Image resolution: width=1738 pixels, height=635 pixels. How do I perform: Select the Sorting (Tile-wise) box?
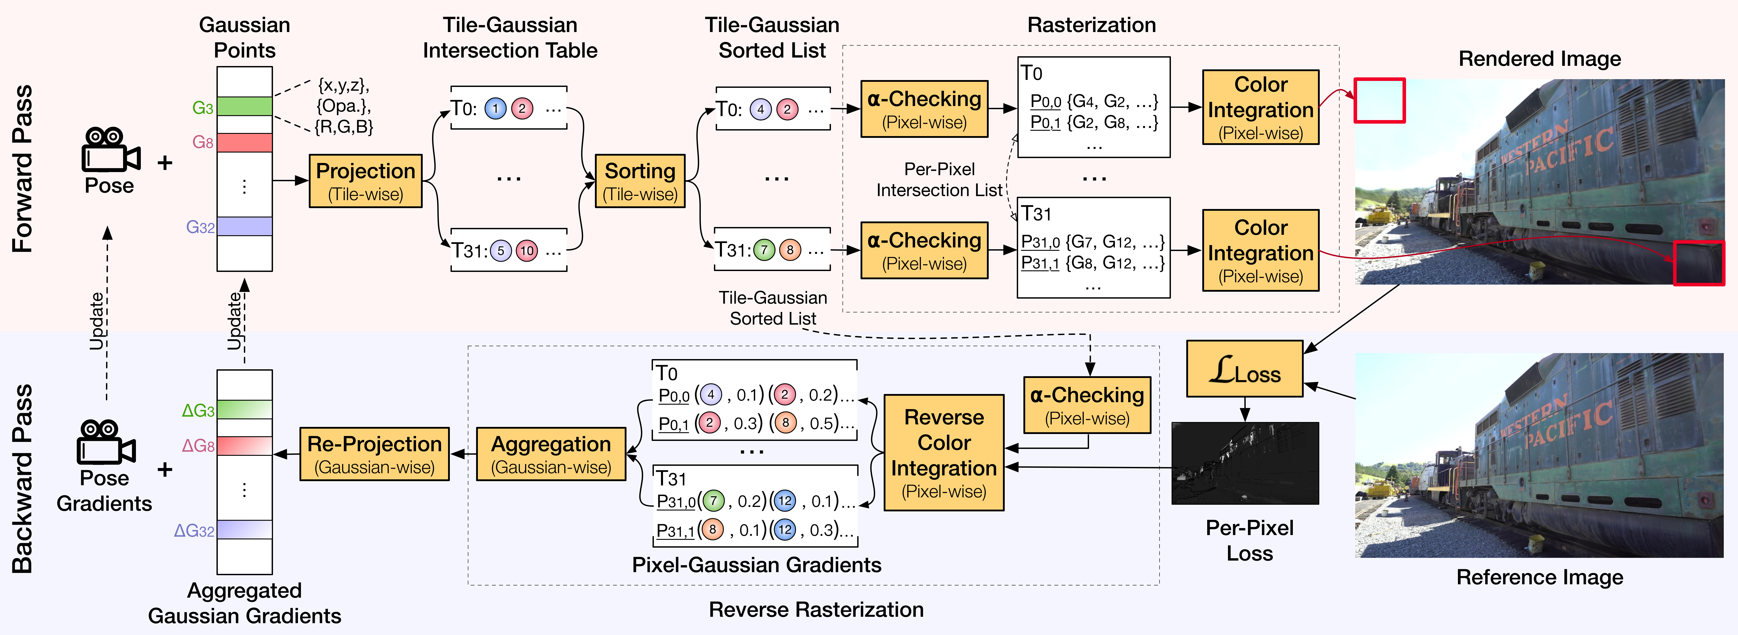tap(640, 181)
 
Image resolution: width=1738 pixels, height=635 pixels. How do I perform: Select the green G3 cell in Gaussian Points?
tap(244, 107)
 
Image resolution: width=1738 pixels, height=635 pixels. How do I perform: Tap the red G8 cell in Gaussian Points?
tap(244, 142)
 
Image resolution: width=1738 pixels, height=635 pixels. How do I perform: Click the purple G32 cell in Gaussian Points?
tap(244, 227)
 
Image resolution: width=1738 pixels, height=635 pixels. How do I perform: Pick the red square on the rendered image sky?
tap(1379, 100)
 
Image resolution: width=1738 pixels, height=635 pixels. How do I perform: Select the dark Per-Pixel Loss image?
tap(1245, 463)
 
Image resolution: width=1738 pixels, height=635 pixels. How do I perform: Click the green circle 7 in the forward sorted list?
tap(764, 250)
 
